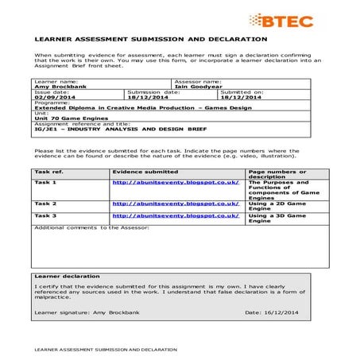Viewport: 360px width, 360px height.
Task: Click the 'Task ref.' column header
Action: tap(48, 172)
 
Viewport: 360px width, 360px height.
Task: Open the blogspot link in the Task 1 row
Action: tap(175, 182)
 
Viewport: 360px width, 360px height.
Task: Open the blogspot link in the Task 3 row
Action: tap(175, 215)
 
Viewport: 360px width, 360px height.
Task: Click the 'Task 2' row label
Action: tap(45, 204)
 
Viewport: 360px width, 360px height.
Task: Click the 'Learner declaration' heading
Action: tap(68, 276)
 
